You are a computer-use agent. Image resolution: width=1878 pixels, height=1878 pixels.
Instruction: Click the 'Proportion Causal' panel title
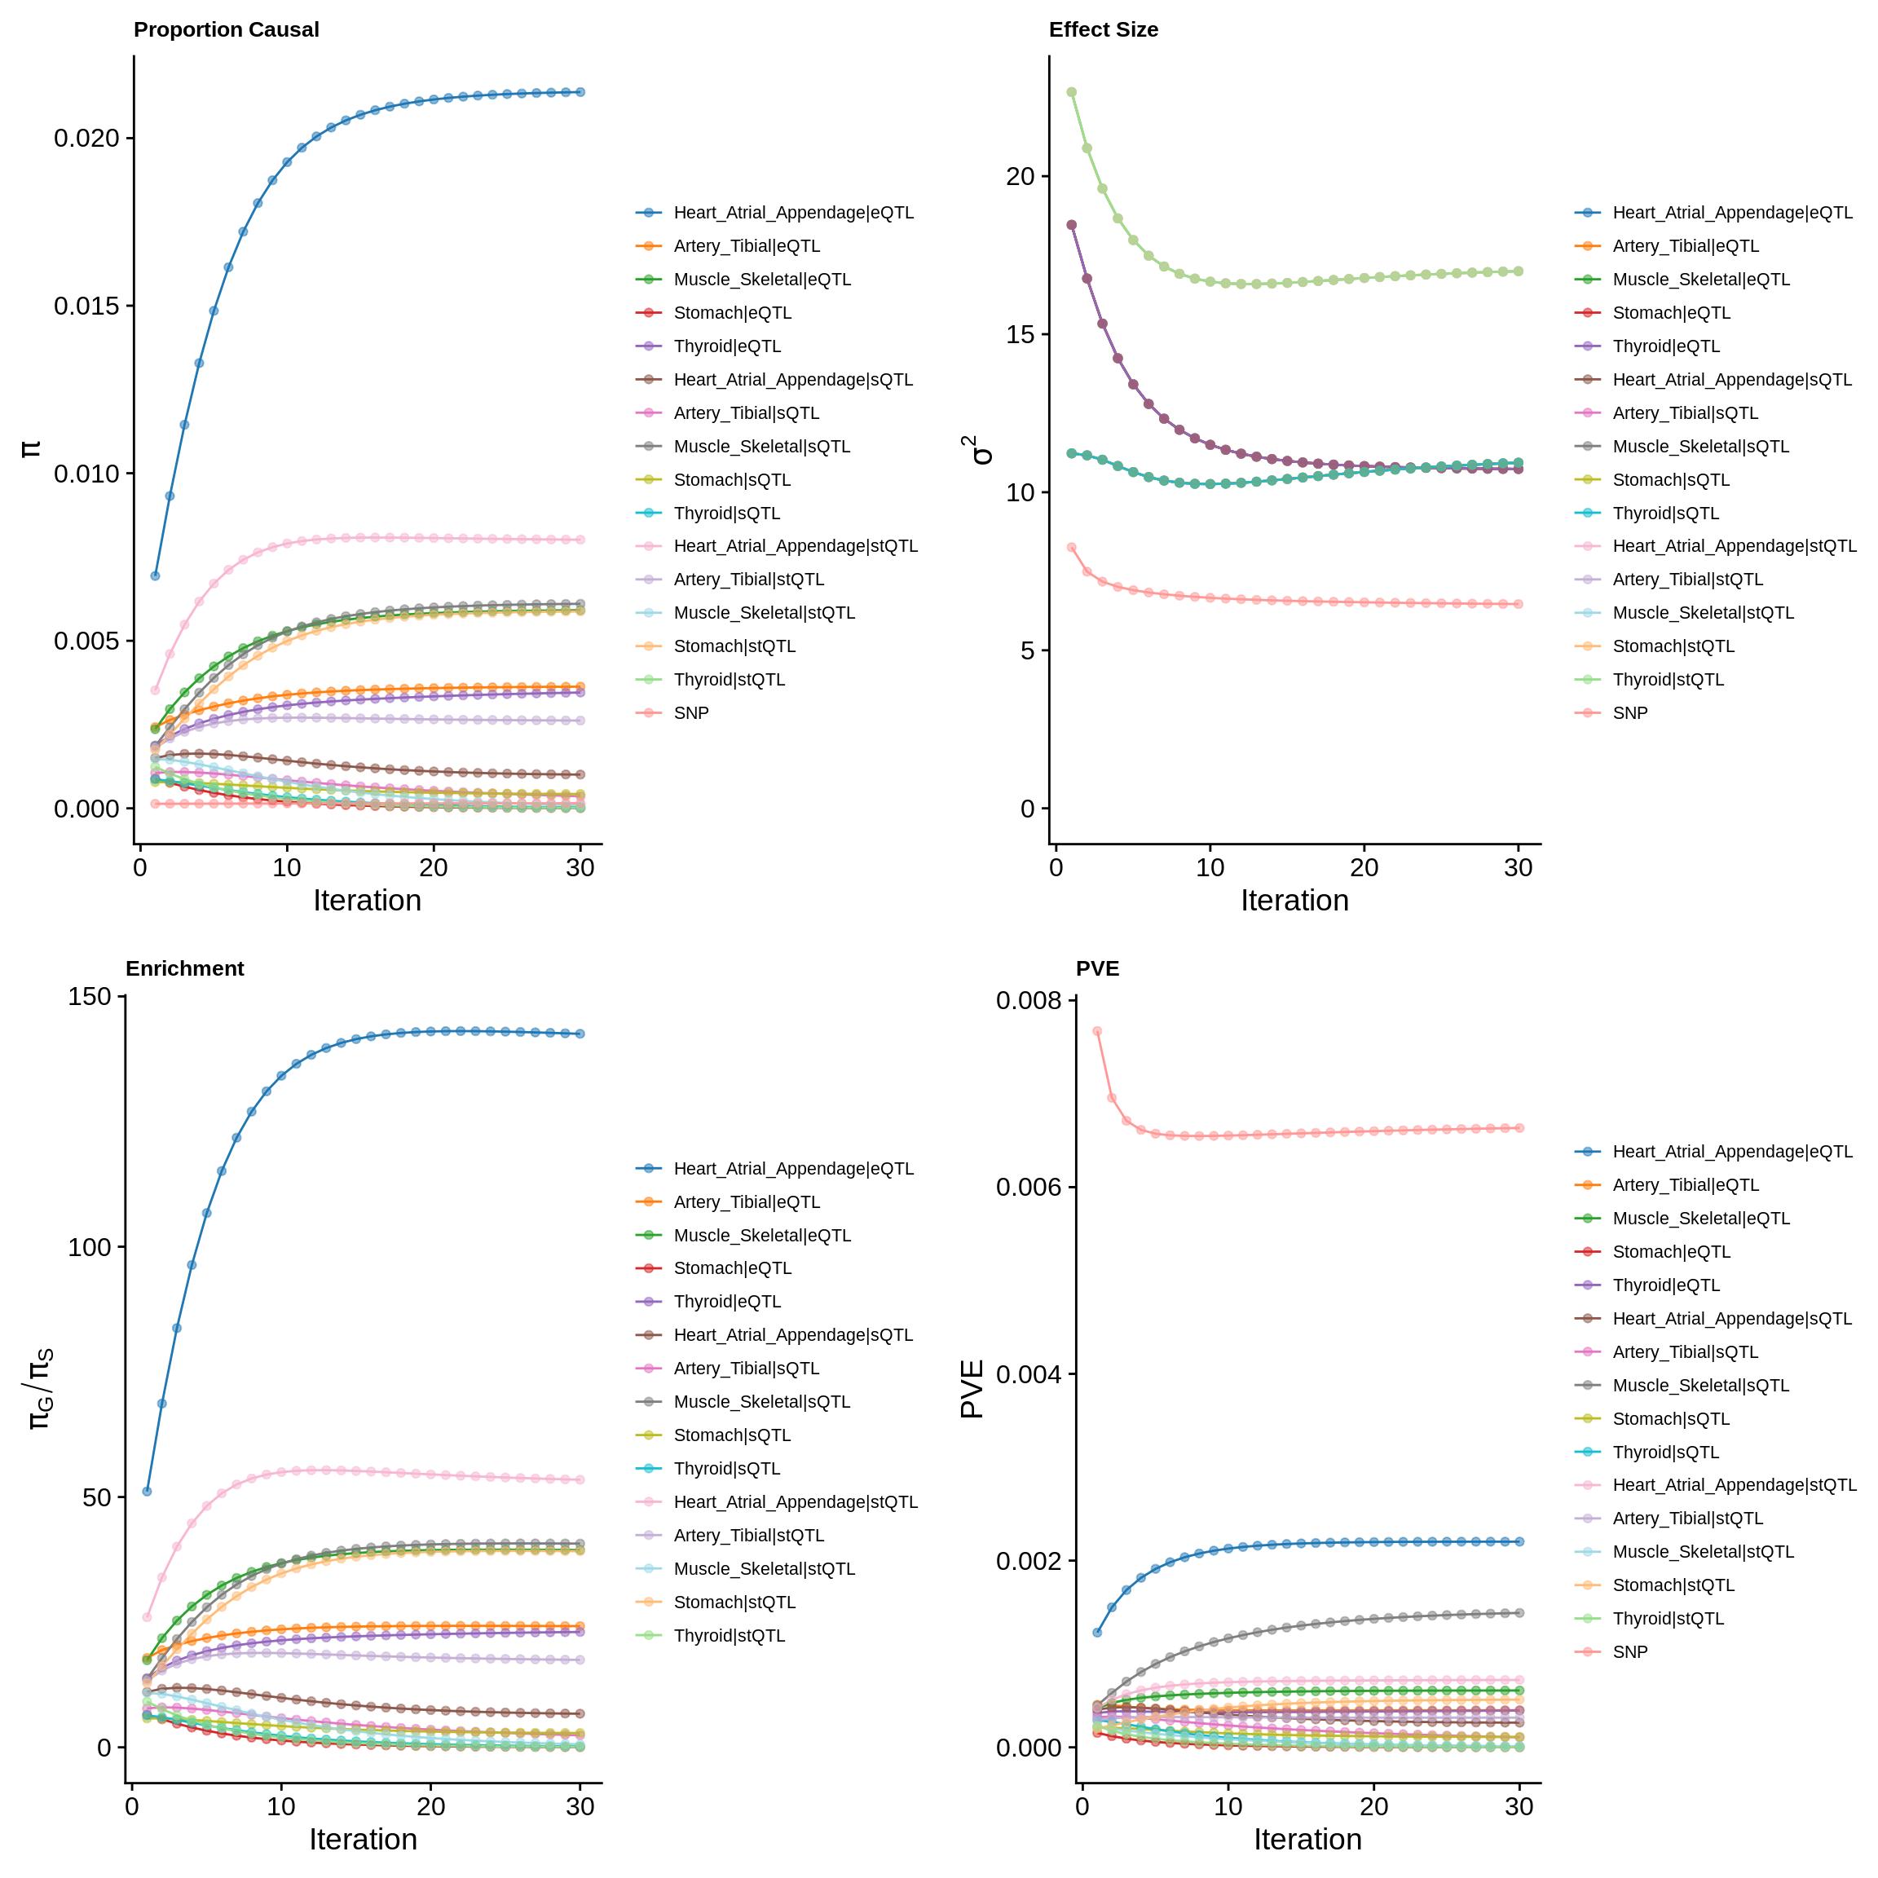pyautogui.click(x=226, y=29)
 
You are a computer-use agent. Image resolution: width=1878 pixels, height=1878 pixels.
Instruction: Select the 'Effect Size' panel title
pyautogui.click(x=1104, y=29)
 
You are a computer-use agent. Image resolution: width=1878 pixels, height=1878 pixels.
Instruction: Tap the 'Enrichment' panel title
pyautogui.click(x=185, y=968)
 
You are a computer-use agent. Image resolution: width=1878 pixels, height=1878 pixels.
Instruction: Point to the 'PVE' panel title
pyautogui.click(x=1097, y=968)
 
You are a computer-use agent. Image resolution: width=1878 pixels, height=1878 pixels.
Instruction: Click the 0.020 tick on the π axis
pyautogui.click(x=86, y=138)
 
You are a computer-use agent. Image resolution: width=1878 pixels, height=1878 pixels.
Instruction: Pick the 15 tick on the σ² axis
pyautogui.click(x=1021, y=334)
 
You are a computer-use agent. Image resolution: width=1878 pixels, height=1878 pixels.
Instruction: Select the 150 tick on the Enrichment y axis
pyautogui.click(x=90, y=996)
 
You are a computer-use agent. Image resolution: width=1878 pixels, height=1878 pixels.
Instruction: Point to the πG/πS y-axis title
pyautogui.click(x=39, y=1388)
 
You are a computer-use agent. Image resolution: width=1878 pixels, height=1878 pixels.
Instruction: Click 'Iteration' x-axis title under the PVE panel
pyautogui.click(x=1307, y=1839)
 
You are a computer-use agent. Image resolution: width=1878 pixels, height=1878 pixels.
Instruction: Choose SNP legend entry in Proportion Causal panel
pyautogui.click(x=691, y=712)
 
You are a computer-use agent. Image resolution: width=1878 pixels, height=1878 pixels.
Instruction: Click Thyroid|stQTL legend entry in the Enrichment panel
pyautogui.click(x=729, y=1635)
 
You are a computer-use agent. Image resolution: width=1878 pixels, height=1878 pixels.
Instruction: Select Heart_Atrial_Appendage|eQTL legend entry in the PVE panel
pyautogui.click(x=1732, y=1151)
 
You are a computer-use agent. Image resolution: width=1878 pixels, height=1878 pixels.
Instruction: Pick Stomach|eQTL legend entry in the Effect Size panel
pyautogui.click(x=1671, y=312)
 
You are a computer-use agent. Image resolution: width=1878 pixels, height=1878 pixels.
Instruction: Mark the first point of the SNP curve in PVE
pyautogui.click(x=1096, y=1031)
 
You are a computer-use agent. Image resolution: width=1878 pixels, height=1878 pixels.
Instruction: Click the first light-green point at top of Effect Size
pyautogui.click(x=1071, y=92)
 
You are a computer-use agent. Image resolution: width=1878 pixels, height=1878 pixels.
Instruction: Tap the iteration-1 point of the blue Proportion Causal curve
pyautogui.click(x=155, y=575)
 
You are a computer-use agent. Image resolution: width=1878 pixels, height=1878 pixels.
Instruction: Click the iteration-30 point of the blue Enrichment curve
pyautogui.click(x=580, y=1034)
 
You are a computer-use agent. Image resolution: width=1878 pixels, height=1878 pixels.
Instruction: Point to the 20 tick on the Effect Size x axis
pyautogui.click(x=1364, y=867)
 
